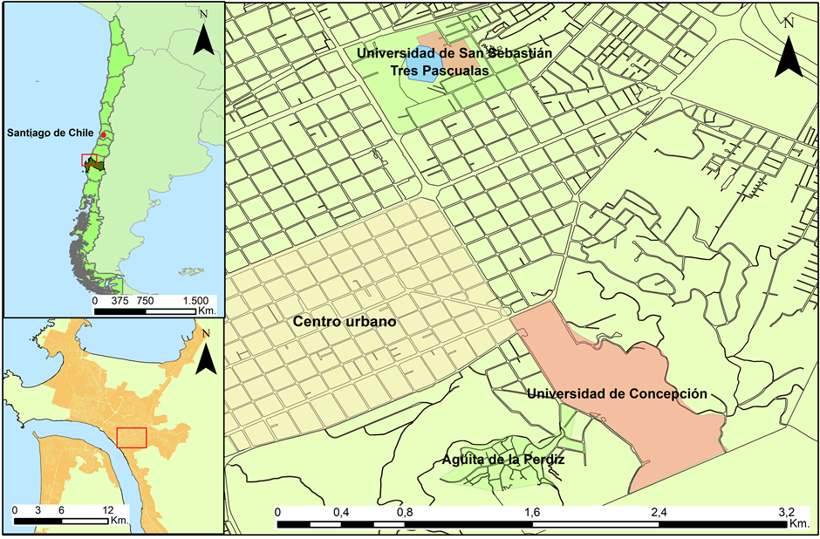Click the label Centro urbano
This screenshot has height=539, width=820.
(345, 322)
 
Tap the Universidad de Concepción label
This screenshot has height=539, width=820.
(616, 393)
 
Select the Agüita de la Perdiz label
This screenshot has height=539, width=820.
(497, 458)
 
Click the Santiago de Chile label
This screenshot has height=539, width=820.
(50, 133)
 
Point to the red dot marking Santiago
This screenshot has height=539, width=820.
(103, 135)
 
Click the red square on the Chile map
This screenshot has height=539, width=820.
(88, 160)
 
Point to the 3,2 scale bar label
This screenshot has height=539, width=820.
(786, 512)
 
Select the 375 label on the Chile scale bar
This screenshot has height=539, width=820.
(120, 299)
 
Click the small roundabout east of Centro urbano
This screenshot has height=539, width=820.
(505, 311)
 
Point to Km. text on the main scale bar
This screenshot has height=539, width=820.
(798, 524)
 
